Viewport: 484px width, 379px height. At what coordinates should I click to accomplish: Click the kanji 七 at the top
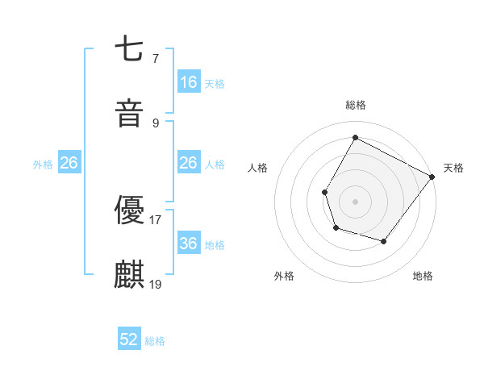click(x=129, y=50)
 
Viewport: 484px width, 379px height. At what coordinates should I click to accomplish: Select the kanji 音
click(x=129, y=113)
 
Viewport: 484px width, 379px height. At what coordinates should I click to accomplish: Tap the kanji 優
click(x=129, y=210)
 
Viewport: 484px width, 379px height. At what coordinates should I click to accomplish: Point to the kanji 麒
click(x=129, y=274)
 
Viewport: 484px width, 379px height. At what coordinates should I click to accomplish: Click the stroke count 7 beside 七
click(x=155, y=59)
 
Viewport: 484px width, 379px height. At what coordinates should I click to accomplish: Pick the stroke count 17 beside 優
click(x=156, y=219)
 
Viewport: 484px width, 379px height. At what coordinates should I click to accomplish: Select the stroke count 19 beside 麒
click(x=156, y=284)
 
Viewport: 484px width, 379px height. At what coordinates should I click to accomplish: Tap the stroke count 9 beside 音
click(x=155, y=123)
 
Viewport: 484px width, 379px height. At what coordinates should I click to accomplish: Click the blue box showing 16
click(x=189, y=82)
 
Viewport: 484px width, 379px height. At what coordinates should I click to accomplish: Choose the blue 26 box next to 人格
click(x=189, y=163)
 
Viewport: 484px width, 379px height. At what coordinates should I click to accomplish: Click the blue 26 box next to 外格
click(x=69, y=163)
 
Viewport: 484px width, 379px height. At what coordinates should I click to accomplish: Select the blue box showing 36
click(x=189, y=244)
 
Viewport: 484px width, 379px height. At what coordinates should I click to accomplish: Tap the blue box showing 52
click(x=129, y=339)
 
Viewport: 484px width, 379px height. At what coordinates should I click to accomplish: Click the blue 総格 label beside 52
click(x=155, y=341)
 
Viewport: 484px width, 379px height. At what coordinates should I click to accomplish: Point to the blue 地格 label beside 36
click(x=215, y=245)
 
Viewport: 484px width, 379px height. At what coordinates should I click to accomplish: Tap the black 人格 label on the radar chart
click(x=258, y=168)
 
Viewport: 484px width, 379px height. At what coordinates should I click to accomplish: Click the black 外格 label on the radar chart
click(x=284, y=276)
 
